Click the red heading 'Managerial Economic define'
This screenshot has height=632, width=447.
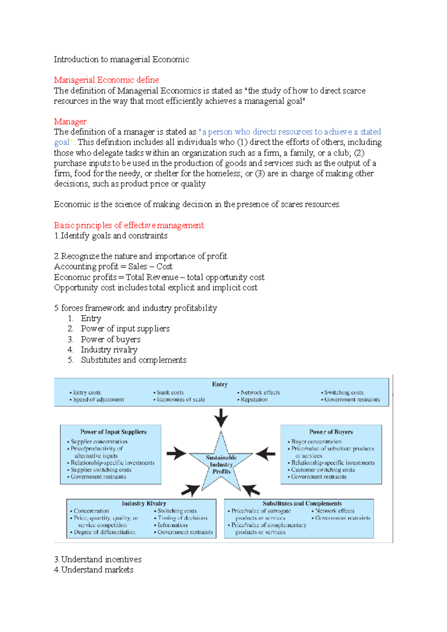[x=106, y=80]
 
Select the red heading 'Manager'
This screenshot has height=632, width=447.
[x=70, y=122]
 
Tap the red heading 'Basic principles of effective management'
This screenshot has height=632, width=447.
[x=129, y=226]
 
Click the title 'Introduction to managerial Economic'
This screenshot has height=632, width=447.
[x=121, y=60]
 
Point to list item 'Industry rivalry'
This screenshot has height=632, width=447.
[x=109, y=350]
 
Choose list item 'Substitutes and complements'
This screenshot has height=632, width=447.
[x=133, y=360]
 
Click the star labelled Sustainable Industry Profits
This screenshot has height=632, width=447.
[x=221, y=464]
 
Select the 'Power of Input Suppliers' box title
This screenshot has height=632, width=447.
[x=113, y=432]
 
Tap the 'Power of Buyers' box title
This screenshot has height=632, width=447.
[x=331, y=432]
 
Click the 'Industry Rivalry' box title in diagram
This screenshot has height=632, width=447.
[x=144, y=504]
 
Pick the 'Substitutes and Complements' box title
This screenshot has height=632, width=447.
[x=302, y=504]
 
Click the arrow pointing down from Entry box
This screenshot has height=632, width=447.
[x=221, y=418]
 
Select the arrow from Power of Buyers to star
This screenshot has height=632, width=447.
[x=266, y=454]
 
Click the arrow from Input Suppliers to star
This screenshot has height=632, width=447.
[x=177, y=454]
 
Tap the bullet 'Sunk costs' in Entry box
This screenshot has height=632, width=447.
[x=170, y=393]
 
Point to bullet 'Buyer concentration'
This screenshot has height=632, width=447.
[x=316, y=442]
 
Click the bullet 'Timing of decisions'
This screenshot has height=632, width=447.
[x=182, y=518]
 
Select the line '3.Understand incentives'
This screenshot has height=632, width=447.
[x=98, y=560]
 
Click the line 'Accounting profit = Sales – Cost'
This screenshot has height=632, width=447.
[x=113, y=267]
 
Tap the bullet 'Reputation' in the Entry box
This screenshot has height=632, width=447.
[x=254, y=400]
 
